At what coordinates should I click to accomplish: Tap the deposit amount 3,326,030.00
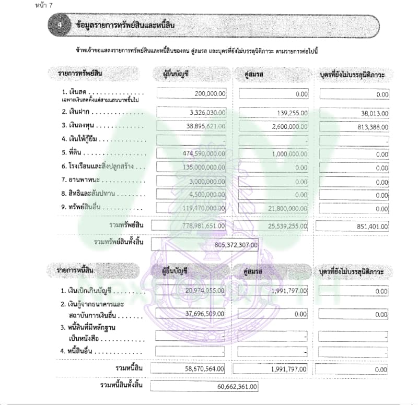pyautogui.click(x=201, y=112)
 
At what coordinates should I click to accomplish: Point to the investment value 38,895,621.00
pyautogui.click(x=200, y=126)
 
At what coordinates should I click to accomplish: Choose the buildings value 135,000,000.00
pyautogui.click(x=198, y=168)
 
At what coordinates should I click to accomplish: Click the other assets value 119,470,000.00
pyautogui.click(x=198, y=208)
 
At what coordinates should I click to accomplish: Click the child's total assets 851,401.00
pyautogui.click(x=370, y=227)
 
